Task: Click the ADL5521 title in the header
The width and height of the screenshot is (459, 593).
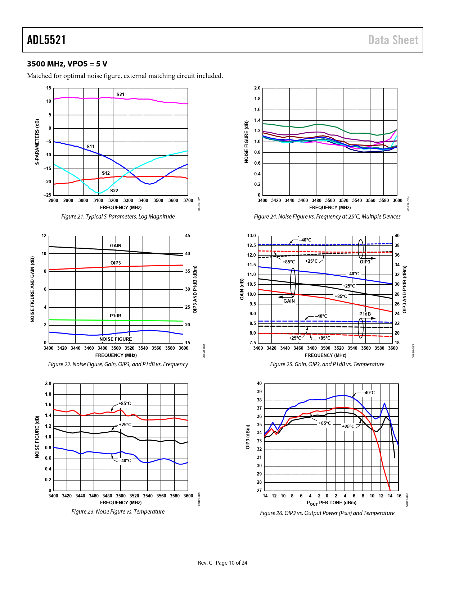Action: coord(46,40)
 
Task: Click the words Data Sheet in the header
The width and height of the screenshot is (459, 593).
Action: coord(393,40)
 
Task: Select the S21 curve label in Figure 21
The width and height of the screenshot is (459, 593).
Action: coord(120,95)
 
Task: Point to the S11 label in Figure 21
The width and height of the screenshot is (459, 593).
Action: coord(90,147)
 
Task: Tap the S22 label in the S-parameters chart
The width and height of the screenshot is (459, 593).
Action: coord(114,191)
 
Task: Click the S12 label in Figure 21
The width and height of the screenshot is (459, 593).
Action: coord(105,173)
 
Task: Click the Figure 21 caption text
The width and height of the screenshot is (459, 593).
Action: coord(118,217)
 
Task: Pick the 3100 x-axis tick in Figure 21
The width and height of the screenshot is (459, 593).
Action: coord(98,201)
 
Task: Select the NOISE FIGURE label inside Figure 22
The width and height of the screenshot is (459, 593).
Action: coord(116,339)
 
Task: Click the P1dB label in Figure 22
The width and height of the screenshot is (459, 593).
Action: coord(116,316)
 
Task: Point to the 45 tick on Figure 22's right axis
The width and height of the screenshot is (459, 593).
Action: coord(188,236)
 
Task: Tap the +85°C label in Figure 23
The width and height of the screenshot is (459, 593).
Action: coord(125,404)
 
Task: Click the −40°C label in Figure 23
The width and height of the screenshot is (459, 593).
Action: coord(125,461)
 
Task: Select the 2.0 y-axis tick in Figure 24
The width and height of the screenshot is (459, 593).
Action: coord(257,88)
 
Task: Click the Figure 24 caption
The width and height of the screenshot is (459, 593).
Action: coord(327,217)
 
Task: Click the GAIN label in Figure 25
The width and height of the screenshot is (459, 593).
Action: coord(289,301)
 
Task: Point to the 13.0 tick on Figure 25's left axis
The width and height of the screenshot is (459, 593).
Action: coord(251,236)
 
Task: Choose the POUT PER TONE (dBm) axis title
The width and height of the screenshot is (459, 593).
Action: coord(332,503)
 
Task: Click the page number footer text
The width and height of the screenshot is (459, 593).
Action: coord(222,563)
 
